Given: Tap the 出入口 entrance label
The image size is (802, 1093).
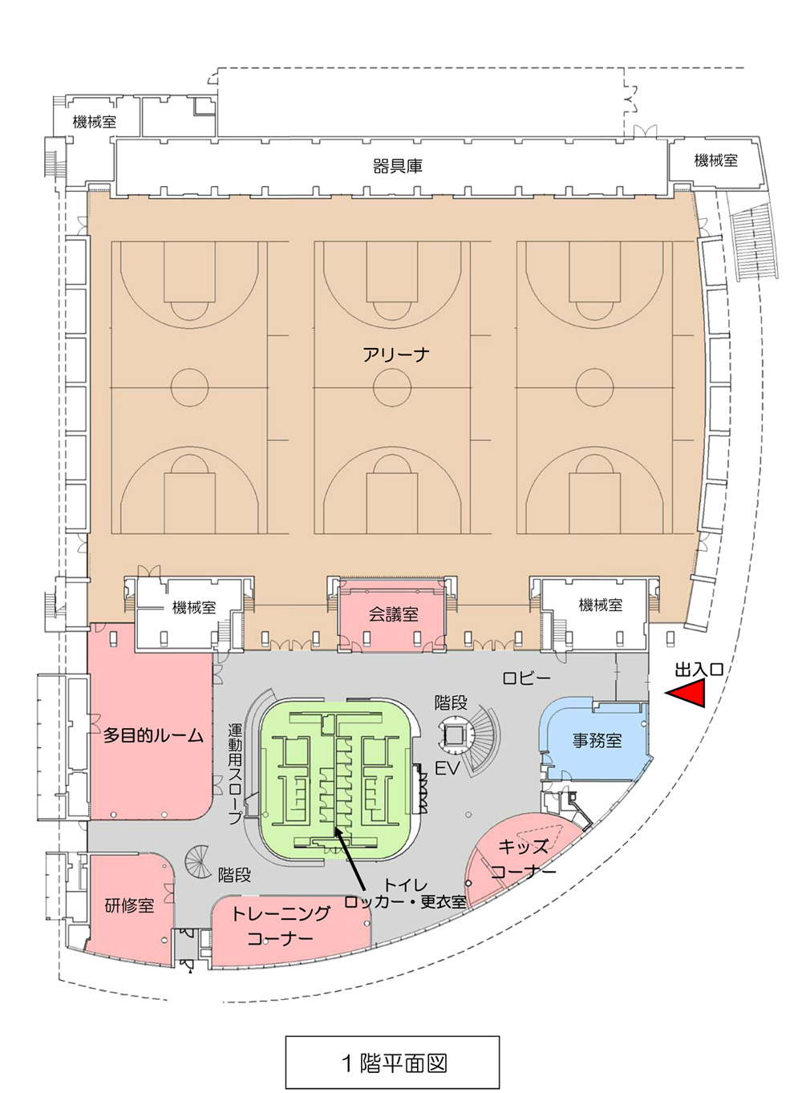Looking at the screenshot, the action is pyautogui.click(x=699, y=670).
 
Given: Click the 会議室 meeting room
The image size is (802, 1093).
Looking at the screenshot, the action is pyautogui.click(x=393, y=615).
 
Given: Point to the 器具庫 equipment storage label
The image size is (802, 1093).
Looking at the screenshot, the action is pyautogui.click(x=397, y=166).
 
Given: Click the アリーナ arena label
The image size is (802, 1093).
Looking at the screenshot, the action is pyautogui.click(x=396, y=354).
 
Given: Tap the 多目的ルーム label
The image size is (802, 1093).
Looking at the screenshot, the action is pyautogui.click(x=153, y=735).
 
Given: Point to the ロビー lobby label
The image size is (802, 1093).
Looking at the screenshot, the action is pyautogui.click(x=527, y=678).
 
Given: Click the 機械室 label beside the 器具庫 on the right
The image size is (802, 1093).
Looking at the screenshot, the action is pyautogui.click(x=716, y=160).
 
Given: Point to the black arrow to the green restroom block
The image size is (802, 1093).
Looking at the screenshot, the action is pyautogui.click(x=350, y=840).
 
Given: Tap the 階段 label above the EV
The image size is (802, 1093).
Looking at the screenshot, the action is pyautogui.click(x=451, y=702).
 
